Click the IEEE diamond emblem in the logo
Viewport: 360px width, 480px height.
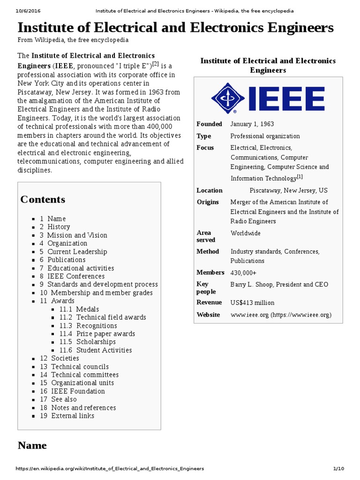pos(228,99)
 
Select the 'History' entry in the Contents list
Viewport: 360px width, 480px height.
pos(59,227)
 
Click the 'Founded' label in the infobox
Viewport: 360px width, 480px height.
pos(209,124)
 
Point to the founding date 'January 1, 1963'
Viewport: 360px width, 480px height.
pos(252,124)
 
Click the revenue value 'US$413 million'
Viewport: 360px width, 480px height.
pos(252,303)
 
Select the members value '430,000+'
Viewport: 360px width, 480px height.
pos(243,272)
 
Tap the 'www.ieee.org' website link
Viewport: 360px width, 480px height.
pos(249,315)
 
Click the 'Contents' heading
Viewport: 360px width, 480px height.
pos(43,199)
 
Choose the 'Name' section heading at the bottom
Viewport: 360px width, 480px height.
pos(32,445)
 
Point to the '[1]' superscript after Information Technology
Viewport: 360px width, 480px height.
pos(300,177)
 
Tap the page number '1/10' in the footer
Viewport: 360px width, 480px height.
pos(338,469)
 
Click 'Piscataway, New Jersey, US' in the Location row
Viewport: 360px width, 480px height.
pos(288,190)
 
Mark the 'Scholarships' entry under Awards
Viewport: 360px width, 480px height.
pos(96,342)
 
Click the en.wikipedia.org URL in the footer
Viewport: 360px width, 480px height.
pos(110,469)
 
